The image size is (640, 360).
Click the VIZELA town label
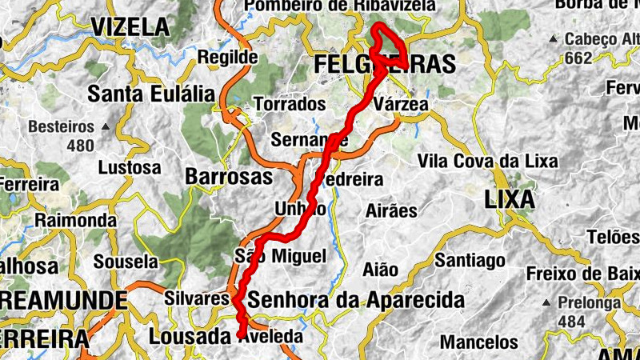pyautogui.click(x=130, y=27)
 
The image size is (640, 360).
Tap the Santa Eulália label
pyautogui.click(x=151, y=94)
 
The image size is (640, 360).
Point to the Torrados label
pyautogui.click(x=290, y=104)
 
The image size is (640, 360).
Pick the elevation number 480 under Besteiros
pyautogui.click(x=80, y=145)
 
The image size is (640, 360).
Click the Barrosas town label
pyautogui.click(x=228, y=176)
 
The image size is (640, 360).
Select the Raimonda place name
pyautogui.click(x=76, y=220)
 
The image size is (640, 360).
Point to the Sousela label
pyautogui.click(x=126, y=261)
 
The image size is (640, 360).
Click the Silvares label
pyautogui.click(x=196, y=298)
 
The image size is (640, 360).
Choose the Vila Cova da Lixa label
pyautogui.click(x=487, y=161)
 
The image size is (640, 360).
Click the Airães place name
pyautogui.click(x=391, y=211)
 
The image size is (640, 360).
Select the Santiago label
pyautogui.click(x=470, y=260)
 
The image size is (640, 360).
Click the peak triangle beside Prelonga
pyautogui.click(x=545, y=303)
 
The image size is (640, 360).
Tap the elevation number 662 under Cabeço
pyautogui.click(x=577, y=57)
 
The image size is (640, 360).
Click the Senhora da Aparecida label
pyautogui.click(x=356, y=301)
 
